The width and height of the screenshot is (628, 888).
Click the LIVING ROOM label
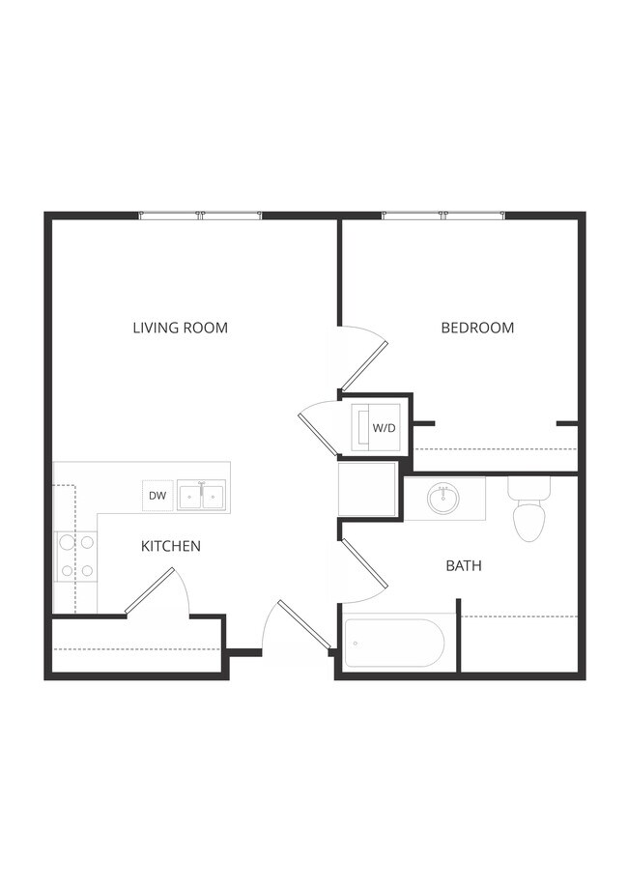pyautogui.click(x=180, y=328)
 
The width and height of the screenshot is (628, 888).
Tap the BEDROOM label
pyautogui.click(x=477, y=328)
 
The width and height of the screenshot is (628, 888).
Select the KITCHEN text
pyautogui.click(x=171, y=546)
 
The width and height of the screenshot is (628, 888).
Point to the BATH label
pyautogui.click(x=464, y=565)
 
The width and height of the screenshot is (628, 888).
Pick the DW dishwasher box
pyautogui.click(x=157, y=497)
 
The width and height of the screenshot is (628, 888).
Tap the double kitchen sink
pyautogui.click(x=201, y=497)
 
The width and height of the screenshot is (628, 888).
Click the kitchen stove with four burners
pyautogui.click(x=76, y=557)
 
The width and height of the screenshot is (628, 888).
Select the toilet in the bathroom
pyautogui.click(x=528, y=508)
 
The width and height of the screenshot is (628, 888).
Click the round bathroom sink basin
pyautogui.click(x=443, y=499)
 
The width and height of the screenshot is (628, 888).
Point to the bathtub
pyautogui.click(x=394, y=643)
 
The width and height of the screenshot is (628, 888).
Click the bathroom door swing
pyautogui.click(x=364, y=563)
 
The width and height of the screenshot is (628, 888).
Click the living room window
pyautogui.click(x=201, y=215)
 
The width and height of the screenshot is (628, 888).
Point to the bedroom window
pyautogui.click(x=443, y=215)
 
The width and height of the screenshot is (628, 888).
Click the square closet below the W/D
pyautogui.click(x=367, y=489)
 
